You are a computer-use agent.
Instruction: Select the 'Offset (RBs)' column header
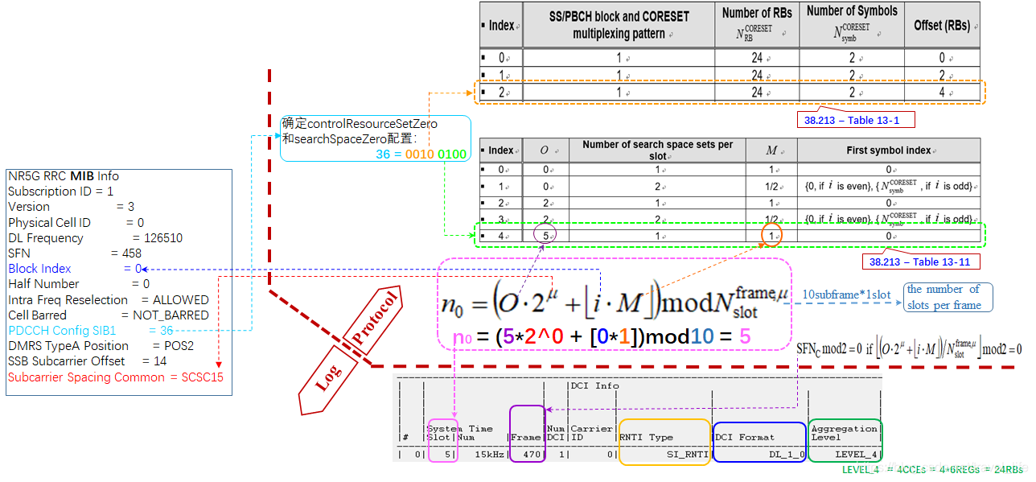pos(942,26)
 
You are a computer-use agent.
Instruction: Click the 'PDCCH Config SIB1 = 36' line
pos(90,331)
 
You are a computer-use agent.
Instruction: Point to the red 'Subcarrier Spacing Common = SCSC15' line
pos(116,377)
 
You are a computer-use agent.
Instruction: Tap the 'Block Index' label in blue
pos(39,269)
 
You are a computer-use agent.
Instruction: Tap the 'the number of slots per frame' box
pos(948,297)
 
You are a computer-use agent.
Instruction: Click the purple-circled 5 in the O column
pos(545,236)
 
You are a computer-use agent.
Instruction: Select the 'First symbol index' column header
pos(889,150)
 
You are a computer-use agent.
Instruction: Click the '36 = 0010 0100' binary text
pos(421,154)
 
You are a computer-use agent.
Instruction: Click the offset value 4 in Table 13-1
pos(942,92)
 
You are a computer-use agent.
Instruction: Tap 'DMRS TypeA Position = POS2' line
pos(101,346)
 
